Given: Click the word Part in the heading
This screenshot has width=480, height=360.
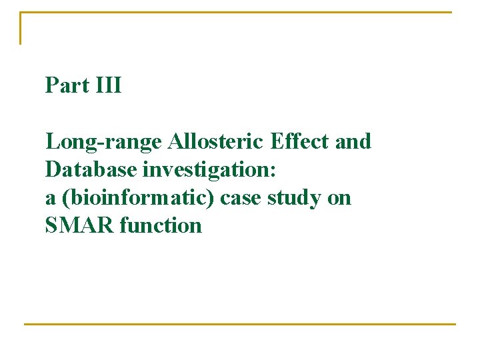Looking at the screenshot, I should (x=65, y=85).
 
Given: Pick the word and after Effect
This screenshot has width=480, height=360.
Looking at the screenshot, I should (x=353, y=141).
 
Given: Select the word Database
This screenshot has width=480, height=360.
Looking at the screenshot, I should (x=91, y=170).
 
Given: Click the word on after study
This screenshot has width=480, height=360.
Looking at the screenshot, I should (x=340, y=198).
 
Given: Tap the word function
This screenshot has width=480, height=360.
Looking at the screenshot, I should (x=161, y=226).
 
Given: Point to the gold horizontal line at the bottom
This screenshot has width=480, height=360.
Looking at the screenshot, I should (x=240, y=324).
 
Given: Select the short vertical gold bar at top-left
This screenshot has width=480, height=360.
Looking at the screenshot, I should (x=21, y=28).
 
